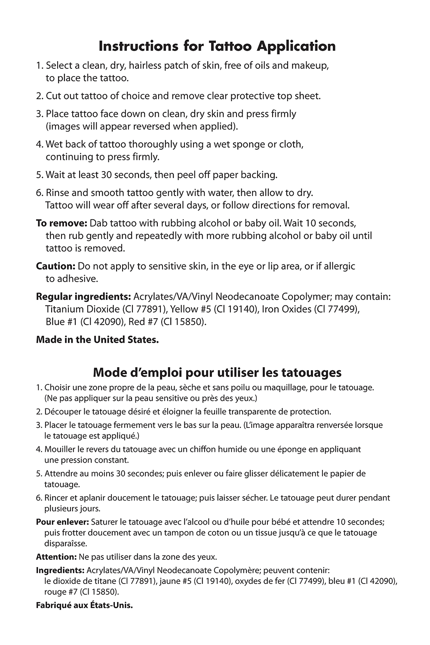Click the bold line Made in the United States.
98,340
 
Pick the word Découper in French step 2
63,412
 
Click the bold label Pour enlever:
62,522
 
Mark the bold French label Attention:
56,557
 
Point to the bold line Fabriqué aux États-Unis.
84,605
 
